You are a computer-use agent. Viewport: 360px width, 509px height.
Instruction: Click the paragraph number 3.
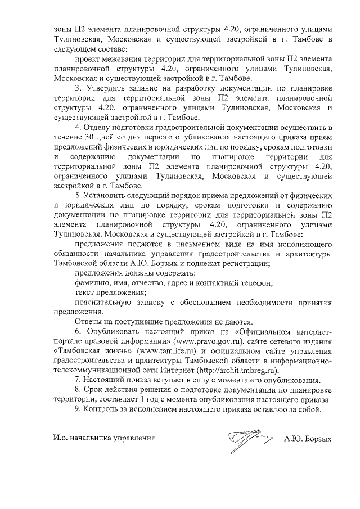click(x=78, y=88)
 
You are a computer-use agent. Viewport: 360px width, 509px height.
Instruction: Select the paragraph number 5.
click(x=78, y=195)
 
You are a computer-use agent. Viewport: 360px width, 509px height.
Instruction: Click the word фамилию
click(x=93, y=283)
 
